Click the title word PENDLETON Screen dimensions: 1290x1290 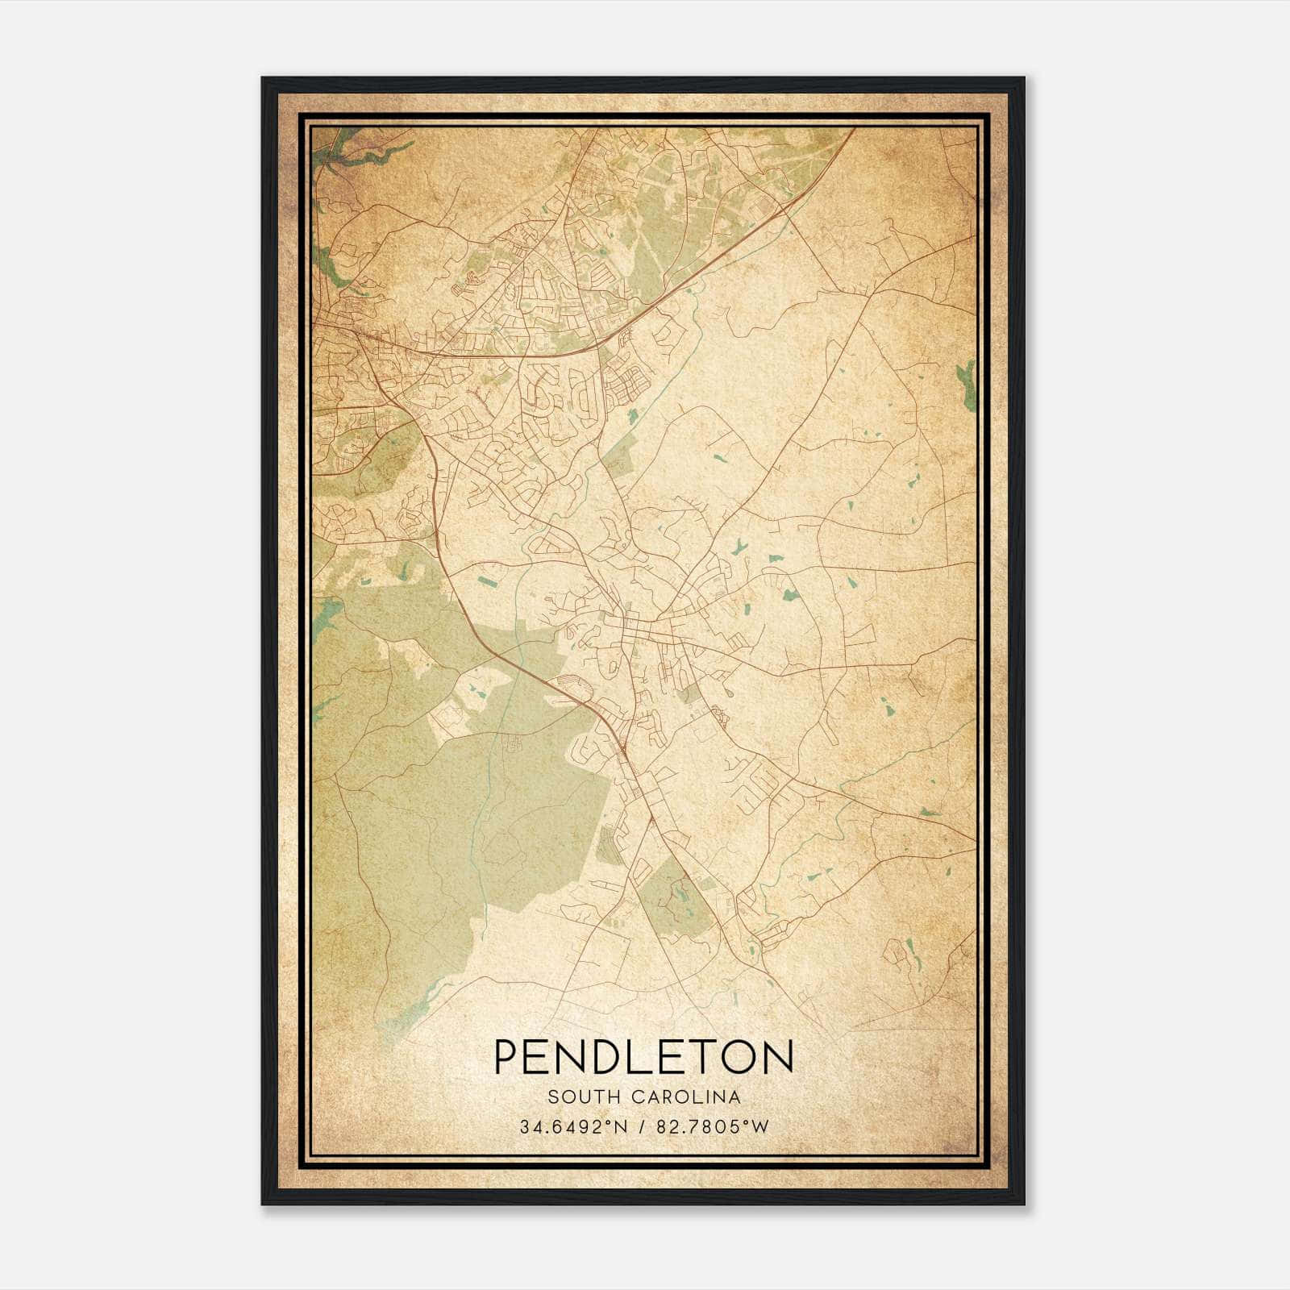click(643, 1057)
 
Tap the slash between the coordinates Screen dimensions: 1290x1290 click(643, 1127)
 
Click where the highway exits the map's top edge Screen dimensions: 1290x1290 click(853, 129)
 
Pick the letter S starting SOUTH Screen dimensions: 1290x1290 click(552, 1097)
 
